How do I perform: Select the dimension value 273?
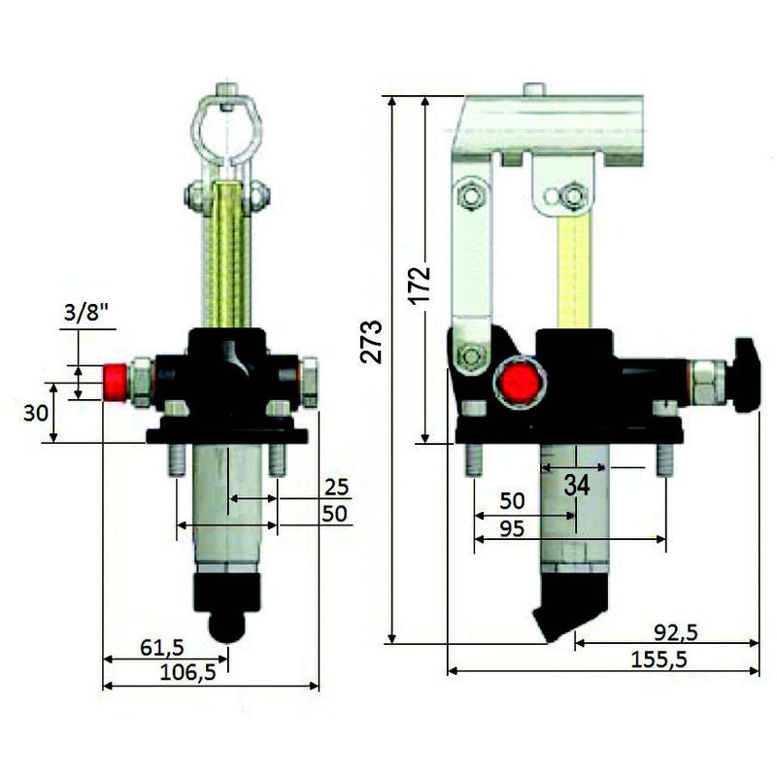(x=371, y=341)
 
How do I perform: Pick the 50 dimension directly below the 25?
(x=333, y=514)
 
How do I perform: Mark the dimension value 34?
(x=576, y=485)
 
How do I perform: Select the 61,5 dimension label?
(x=161, y=646)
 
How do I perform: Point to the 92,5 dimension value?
(x=676, y=631)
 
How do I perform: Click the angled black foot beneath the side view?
(x=572, y=605)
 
